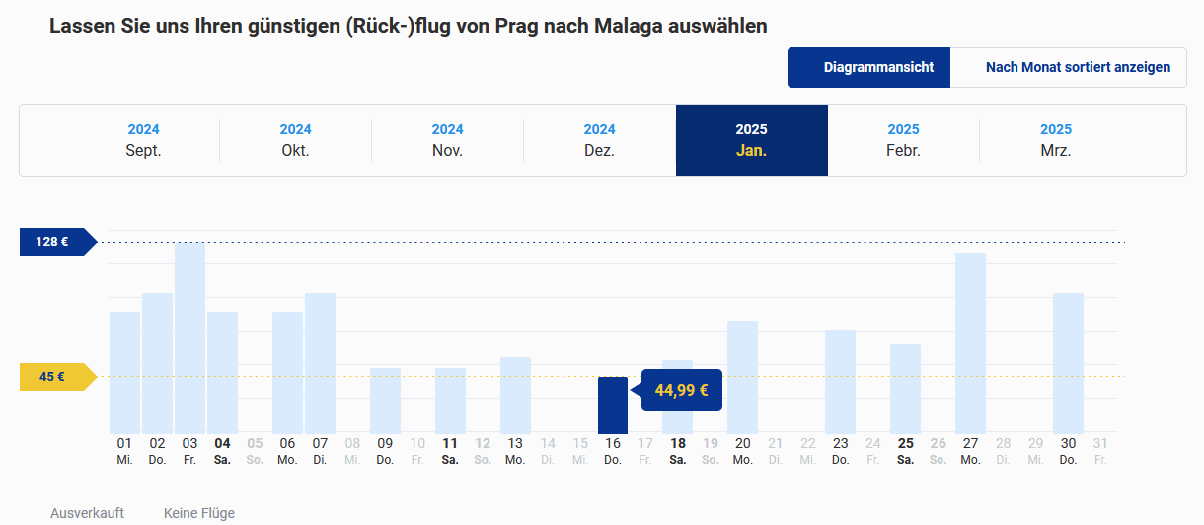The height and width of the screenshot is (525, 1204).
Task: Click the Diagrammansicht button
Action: [x=868, y=68]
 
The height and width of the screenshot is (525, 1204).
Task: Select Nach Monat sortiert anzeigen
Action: [x=1078, y=68]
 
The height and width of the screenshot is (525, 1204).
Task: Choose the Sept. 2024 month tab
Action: [x=143, y=140]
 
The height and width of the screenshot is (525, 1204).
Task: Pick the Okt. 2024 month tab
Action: [x=295, y=140]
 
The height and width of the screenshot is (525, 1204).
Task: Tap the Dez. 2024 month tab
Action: [x=599, y=140]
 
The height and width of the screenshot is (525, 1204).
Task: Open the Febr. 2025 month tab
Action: [x=903, y=140]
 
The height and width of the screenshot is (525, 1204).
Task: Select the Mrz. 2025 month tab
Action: [x=1055, y=140]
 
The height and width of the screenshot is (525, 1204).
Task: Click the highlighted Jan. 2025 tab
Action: [x=751, y=140]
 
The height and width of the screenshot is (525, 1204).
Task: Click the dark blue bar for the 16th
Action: [x=613, y=405]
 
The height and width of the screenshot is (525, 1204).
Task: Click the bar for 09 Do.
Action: [x=385, y=401]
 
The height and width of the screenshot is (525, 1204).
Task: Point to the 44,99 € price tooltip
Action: [x=682, y=390]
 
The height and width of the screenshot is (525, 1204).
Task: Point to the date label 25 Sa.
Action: [x=905, y=451]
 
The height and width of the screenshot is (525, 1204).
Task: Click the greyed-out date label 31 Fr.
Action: [x=1100, y=451]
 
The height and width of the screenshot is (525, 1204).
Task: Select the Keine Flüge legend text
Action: [x=199, y=513]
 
